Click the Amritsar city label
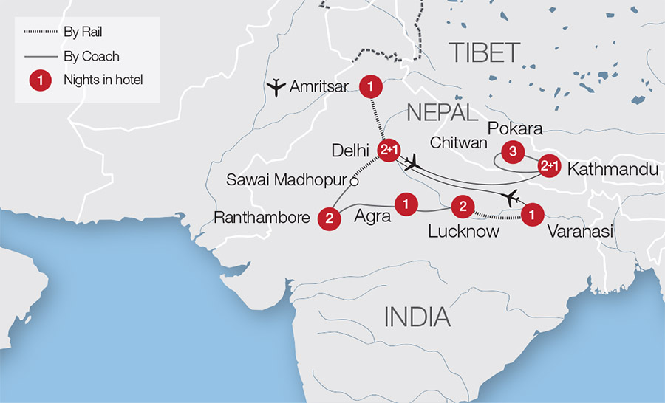point(318,87)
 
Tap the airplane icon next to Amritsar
point(276,87)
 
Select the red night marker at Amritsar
point(369,87)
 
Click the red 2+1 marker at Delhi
point(389,151)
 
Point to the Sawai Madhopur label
point(287,179)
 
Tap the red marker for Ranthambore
point(329,218)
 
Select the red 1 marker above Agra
point(405,201)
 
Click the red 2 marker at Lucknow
point(462,207)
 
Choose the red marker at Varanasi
point(532,215)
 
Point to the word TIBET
point(485,53)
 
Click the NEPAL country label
point(441,113)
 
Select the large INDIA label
point(417,317)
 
